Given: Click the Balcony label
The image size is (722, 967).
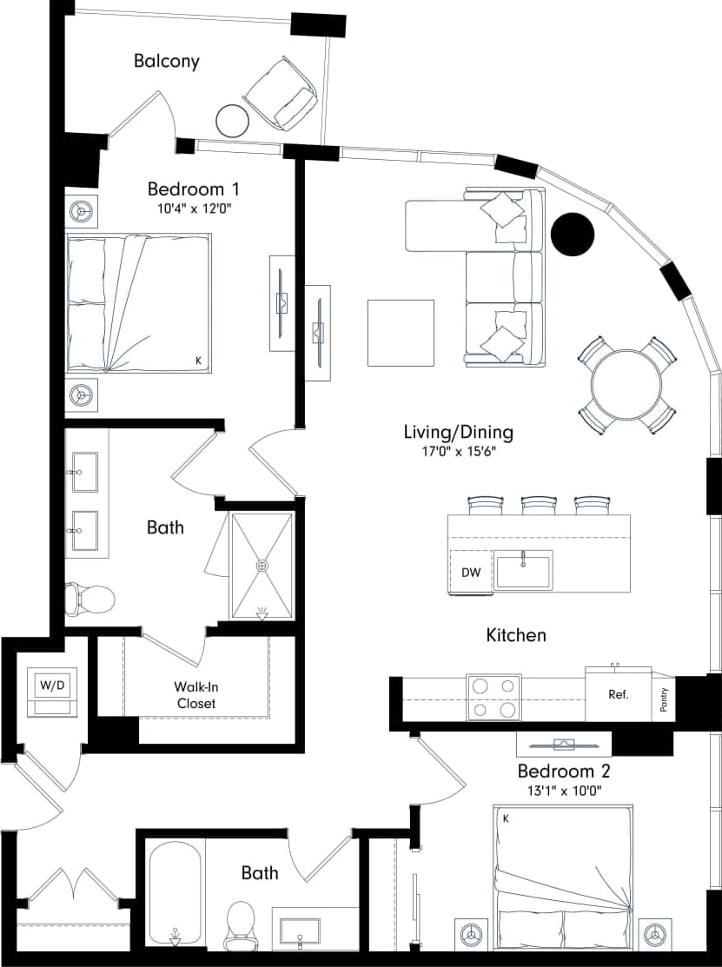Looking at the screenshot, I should pyautogui.click(x=167, y=61).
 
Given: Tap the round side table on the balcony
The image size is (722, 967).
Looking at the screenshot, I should pyautogui.click(x=232, y=120).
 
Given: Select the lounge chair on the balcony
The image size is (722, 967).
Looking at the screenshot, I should pyautogui.click(x=282, y=94).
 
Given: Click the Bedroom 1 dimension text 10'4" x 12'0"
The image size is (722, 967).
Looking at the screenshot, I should pyautogui.click(x=193, y=209).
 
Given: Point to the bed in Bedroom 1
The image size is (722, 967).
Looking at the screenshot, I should pyautogui.click(x=139, y=304).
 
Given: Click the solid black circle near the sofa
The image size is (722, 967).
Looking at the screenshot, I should pyautogui.click(x=573, y=235).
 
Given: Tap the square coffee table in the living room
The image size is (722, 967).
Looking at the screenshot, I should pyautogui.click(x=401, y=333).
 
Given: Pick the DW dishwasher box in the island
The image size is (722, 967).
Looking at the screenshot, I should pyautogui.click(x=471, y=573).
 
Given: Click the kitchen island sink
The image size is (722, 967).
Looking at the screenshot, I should pyautogui.click(x=523, y=571).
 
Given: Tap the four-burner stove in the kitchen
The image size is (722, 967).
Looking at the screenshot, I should pyautogui.click(x=493, y=697).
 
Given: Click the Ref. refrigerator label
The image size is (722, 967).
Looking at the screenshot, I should pyautogui.click(x=618, y=695).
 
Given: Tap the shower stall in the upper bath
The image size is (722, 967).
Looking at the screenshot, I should pyautogui.click(x=262, y=566).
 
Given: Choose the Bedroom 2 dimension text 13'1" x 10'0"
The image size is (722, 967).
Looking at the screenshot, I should pyautogui.click(x=565, y=791).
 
